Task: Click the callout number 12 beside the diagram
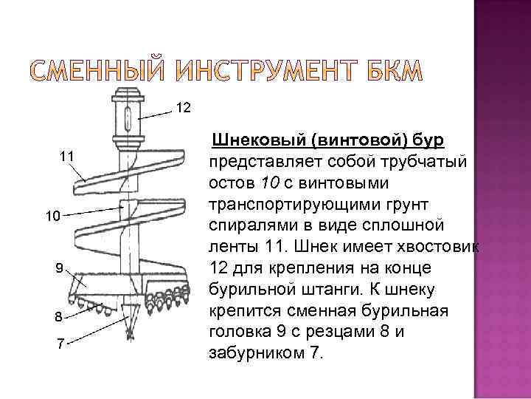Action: pyautogui.click(x=184, y=109)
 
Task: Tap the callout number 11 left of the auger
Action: pyautogui.click(x=66, y=156)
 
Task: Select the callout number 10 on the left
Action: pyautogui.click(x=51, y=216)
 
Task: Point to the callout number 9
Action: pyautogui.click(x=60, y=267)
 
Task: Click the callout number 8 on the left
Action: pyautogui.click(x=58, y=317)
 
